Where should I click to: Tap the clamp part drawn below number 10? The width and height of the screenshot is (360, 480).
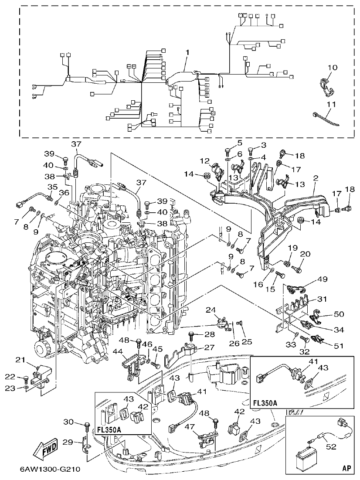point(327,85)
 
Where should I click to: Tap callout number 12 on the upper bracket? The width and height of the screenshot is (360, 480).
point(205,161)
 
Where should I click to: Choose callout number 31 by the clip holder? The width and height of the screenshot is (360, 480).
point(322,299)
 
